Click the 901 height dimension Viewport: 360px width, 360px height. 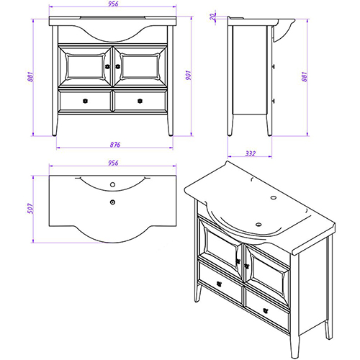point(189,76)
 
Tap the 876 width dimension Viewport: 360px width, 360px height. point(115,145)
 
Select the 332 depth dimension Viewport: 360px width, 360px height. point(251,153)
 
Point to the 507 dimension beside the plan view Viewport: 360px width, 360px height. point(30,208)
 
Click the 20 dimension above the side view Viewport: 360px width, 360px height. point(212,16)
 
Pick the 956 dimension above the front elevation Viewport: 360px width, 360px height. point(113,4)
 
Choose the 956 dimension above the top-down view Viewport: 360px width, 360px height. point(113,163)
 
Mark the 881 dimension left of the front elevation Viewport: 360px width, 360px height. point(30,77)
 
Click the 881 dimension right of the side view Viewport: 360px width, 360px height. point(305,77)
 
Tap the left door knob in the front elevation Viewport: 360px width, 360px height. point(107,66)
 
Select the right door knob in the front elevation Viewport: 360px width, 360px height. point(117,66)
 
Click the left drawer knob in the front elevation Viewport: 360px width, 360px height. point(85,101)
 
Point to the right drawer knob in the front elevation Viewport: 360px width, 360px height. point(140,101)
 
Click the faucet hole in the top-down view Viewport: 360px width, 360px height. point(112,184)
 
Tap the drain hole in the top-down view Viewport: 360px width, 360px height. point(112,202)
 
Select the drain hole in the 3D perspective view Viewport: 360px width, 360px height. point(258,225)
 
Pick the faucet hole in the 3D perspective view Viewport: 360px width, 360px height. point(274,197)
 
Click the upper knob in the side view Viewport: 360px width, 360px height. point(273,66)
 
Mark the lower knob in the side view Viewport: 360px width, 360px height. point(273,101)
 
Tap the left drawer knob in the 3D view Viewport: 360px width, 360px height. point(219,284)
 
